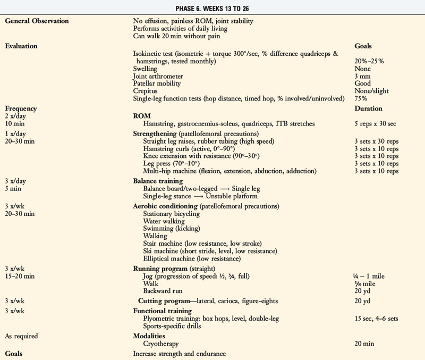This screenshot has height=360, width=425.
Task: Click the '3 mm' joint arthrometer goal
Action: tap(362, 76)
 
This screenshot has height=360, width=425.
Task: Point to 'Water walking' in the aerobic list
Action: tap(163, 221)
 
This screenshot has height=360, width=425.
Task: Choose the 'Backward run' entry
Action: tap(164, 291)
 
